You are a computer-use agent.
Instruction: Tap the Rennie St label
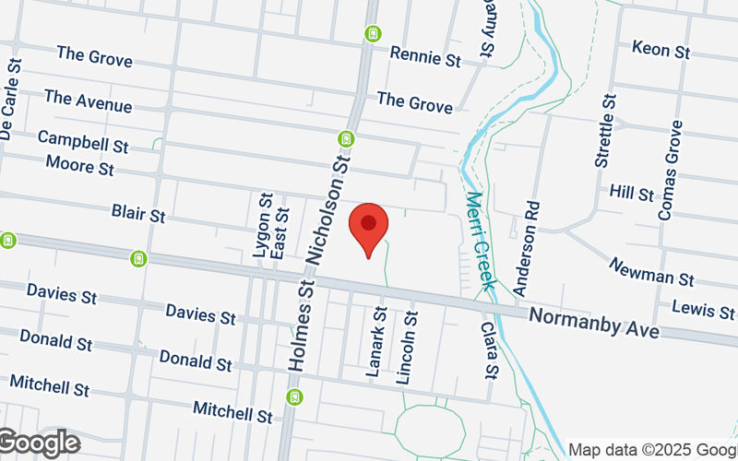coord(424,57)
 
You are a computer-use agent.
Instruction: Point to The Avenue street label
coord(88,100)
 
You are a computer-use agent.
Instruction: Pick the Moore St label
coord(79,166)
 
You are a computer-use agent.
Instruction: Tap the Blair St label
coord(137,214)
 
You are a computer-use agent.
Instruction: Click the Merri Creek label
coord(481,240)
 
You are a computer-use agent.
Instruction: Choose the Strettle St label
coord(605,129)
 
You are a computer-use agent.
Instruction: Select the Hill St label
coord(631,194)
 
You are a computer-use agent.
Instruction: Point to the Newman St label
coord(651,271)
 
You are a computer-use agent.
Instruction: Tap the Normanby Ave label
coord(594,322)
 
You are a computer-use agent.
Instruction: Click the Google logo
coord(40,443)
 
